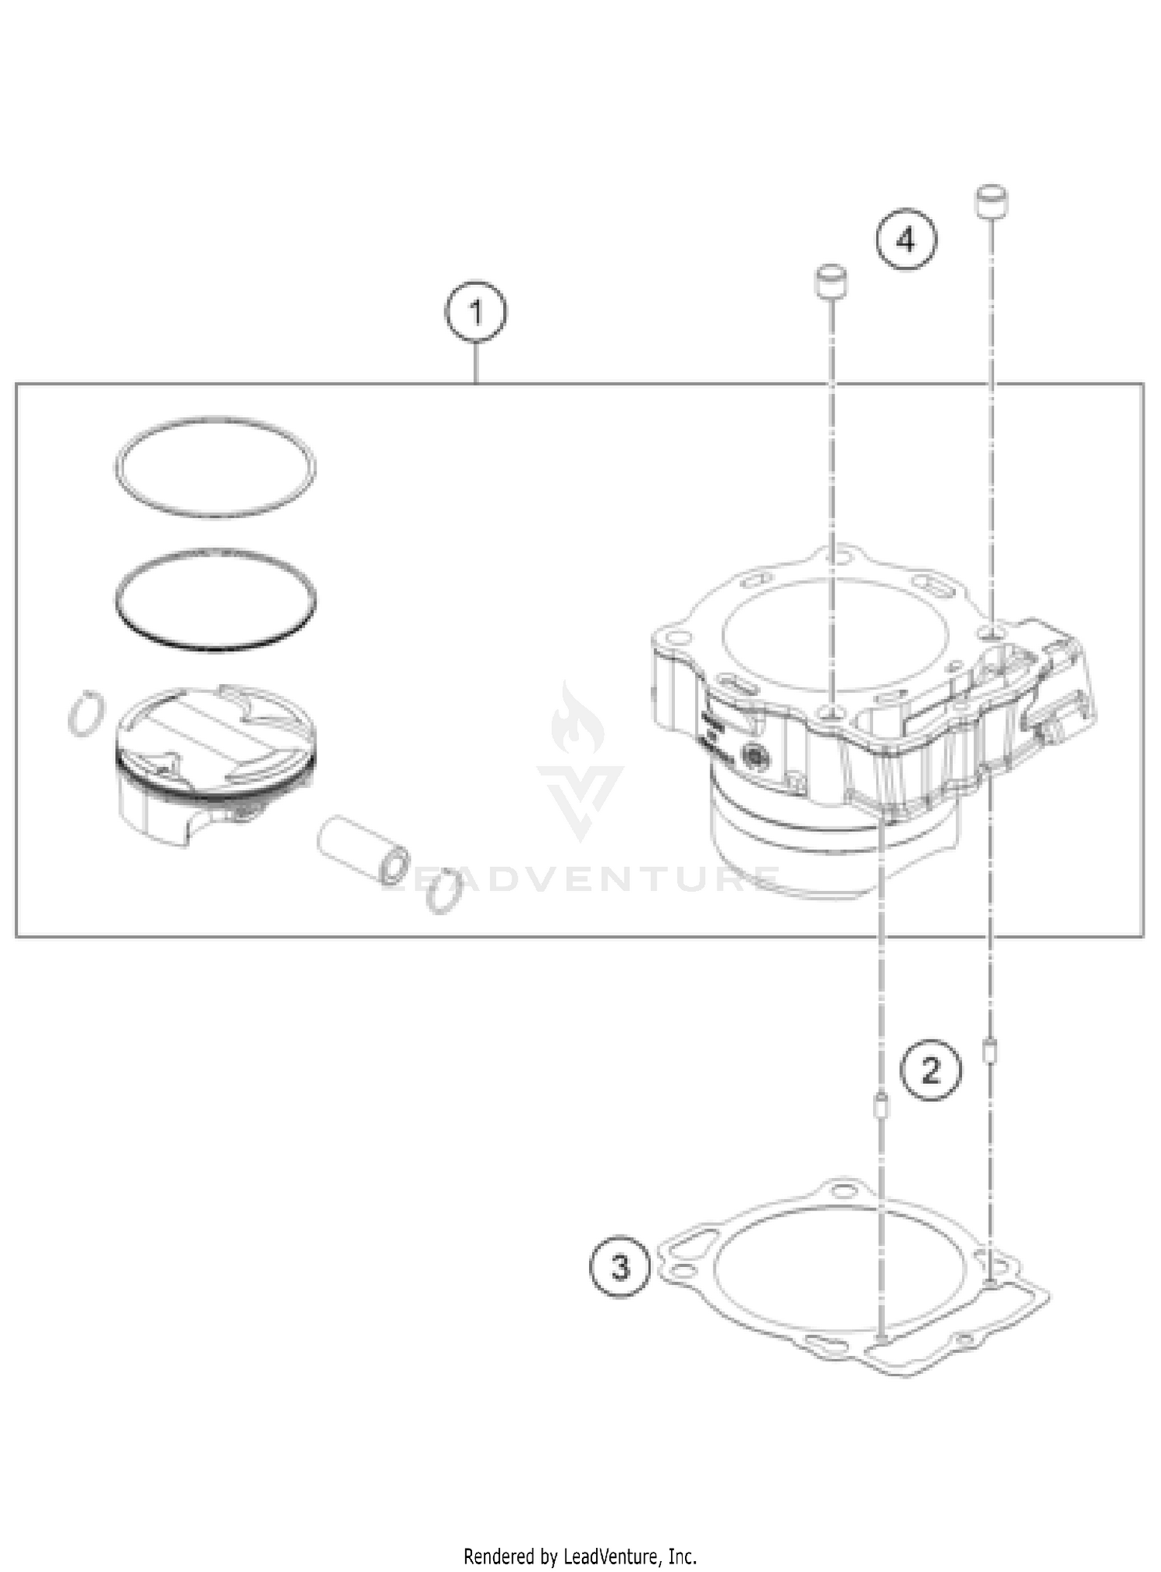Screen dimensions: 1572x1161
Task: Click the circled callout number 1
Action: coord(476,313)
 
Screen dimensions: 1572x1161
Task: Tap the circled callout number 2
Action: coord(930,1070)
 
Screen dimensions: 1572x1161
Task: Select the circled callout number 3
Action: coord(621,1268)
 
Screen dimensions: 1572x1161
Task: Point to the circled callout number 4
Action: coord(906,240)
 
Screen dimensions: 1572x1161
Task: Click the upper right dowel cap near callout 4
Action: coord(991,202)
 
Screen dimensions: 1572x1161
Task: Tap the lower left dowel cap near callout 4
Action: coord(829,283)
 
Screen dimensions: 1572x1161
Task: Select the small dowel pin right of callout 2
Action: coord(988,1052)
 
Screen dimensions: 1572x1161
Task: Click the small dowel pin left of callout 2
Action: coord(880,1107)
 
